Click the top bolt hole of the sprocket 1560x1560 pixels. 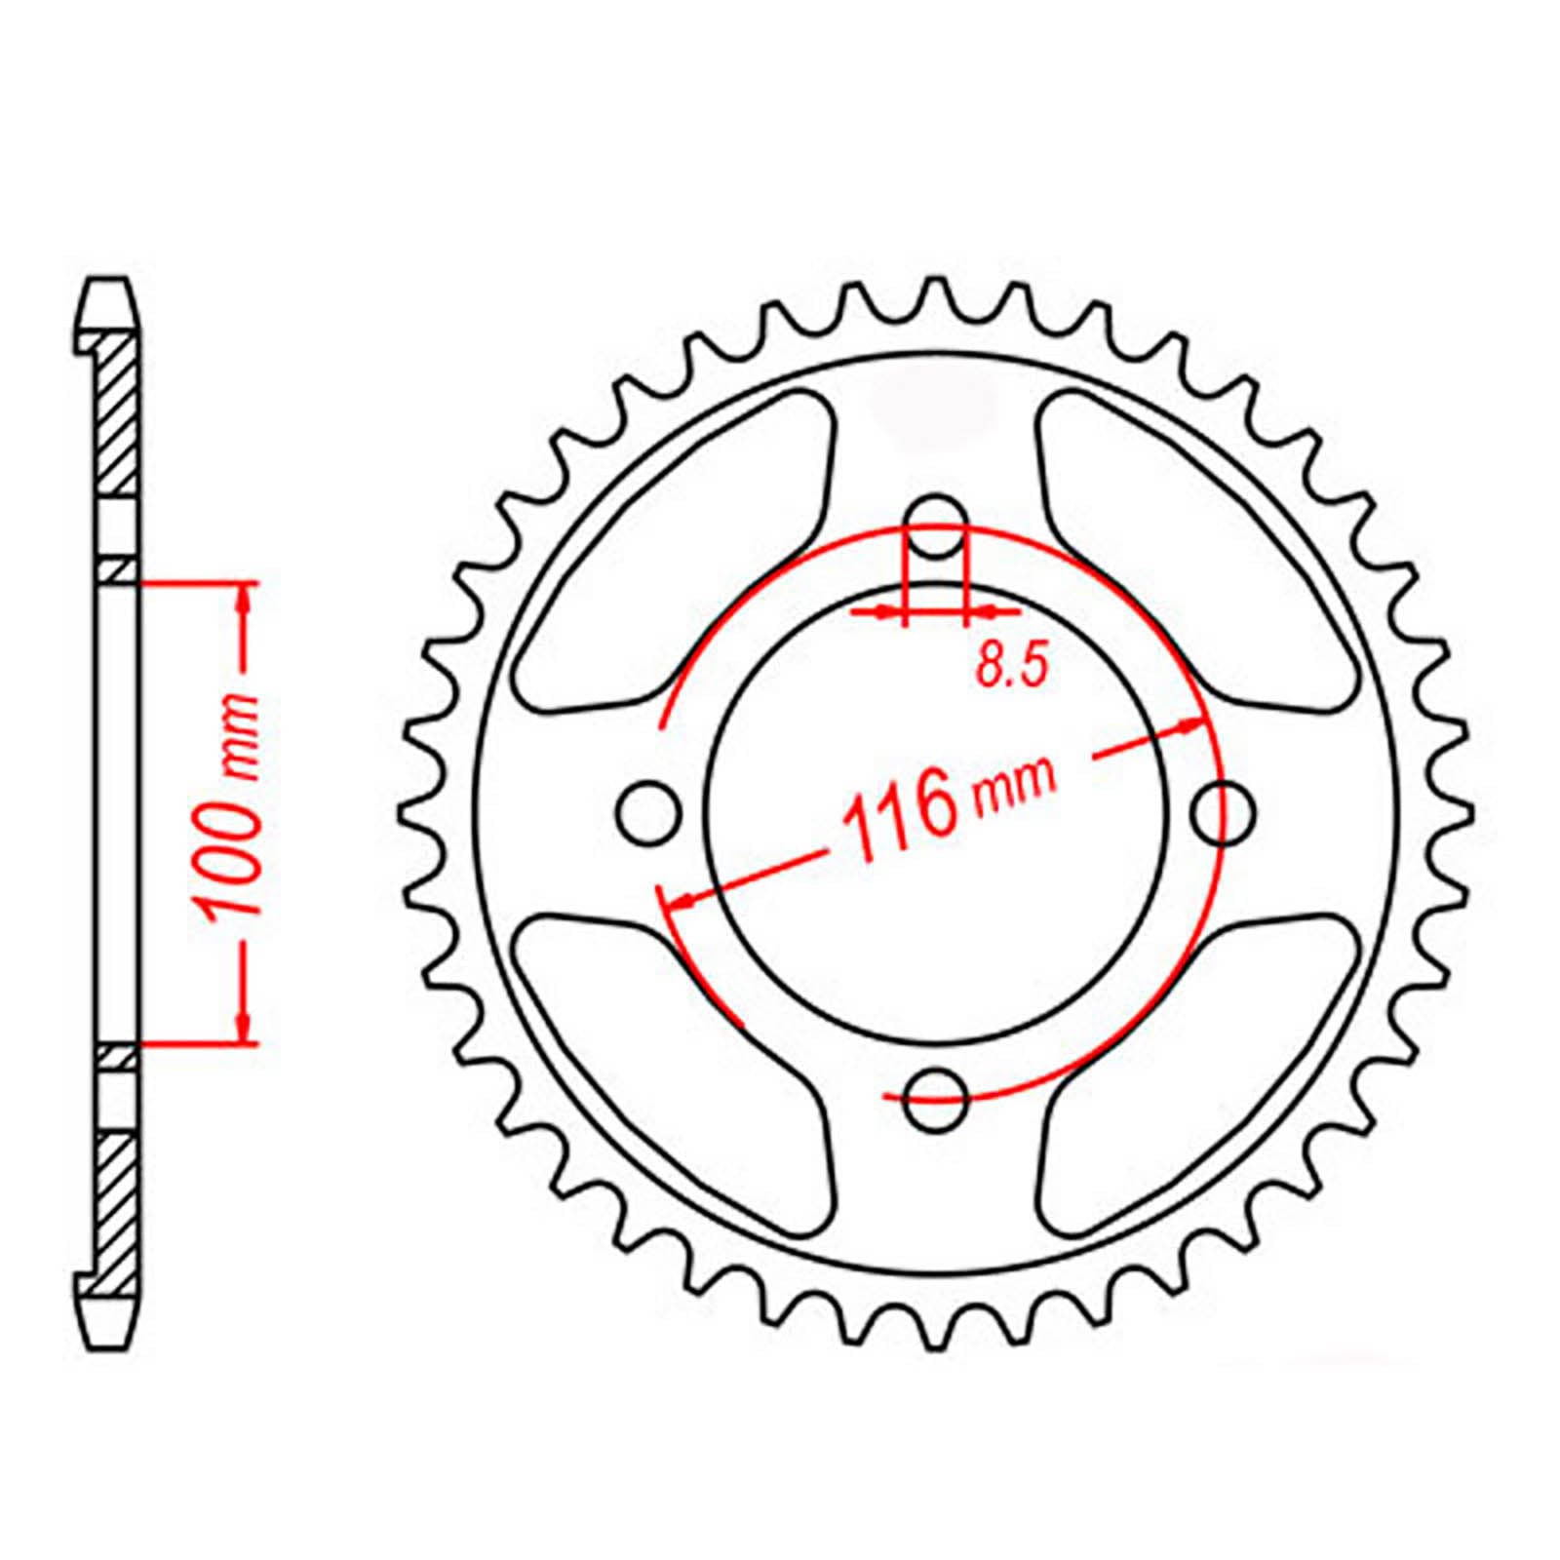coord(936,527)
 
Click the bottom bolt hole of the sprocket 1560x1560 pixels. coord(936,1100)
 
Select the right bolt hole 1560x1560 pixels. coord(1224,811)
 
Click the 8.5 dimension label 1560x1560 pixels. coord(1010,668)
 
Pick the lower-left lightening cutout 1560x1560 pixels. coord(673,1068)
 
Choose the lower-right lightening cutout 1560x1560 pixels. coord(1199,1068)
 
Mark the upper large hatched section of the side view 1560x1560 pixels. coord(118,414)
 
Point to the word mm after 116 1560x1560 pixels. coord(1014,786)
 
